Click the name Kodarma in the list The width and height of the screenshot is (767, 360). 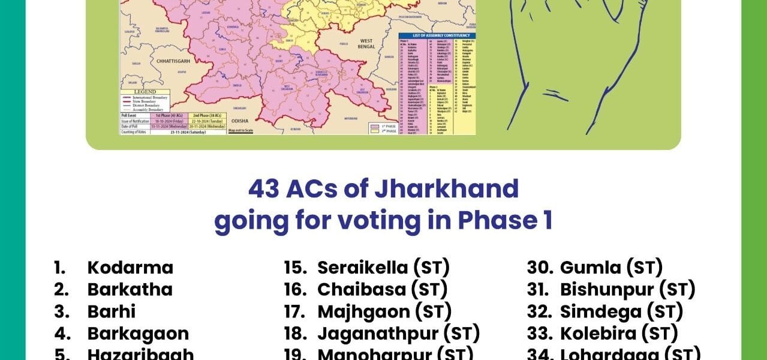130,268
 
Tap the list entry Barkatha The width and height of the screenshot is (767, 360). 130,289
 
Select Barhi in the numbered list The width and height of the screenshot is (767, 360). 112,311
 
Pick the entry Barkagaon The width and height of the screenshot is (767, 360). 138,334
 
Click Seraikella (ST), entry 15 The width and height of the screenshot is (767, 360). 383,268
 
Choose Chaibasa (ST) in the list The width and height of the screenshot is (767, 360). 382,289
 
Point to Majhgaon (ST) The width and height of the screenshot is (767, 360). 384,311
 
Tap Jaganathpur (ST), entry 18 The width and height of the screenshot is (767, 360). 398,334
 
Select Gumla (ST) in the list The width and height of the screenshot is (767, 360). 611,268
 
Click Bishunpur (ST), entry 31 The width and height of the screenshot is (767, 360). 627,289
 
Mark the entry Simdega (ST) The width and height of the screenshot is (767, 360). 621,311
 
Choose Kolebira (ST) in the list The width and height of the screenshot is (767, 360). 619,334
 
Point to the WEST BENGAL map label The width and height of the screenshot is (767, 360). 366,44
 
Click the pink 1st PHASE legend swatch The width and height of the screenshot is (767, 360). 374,126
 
